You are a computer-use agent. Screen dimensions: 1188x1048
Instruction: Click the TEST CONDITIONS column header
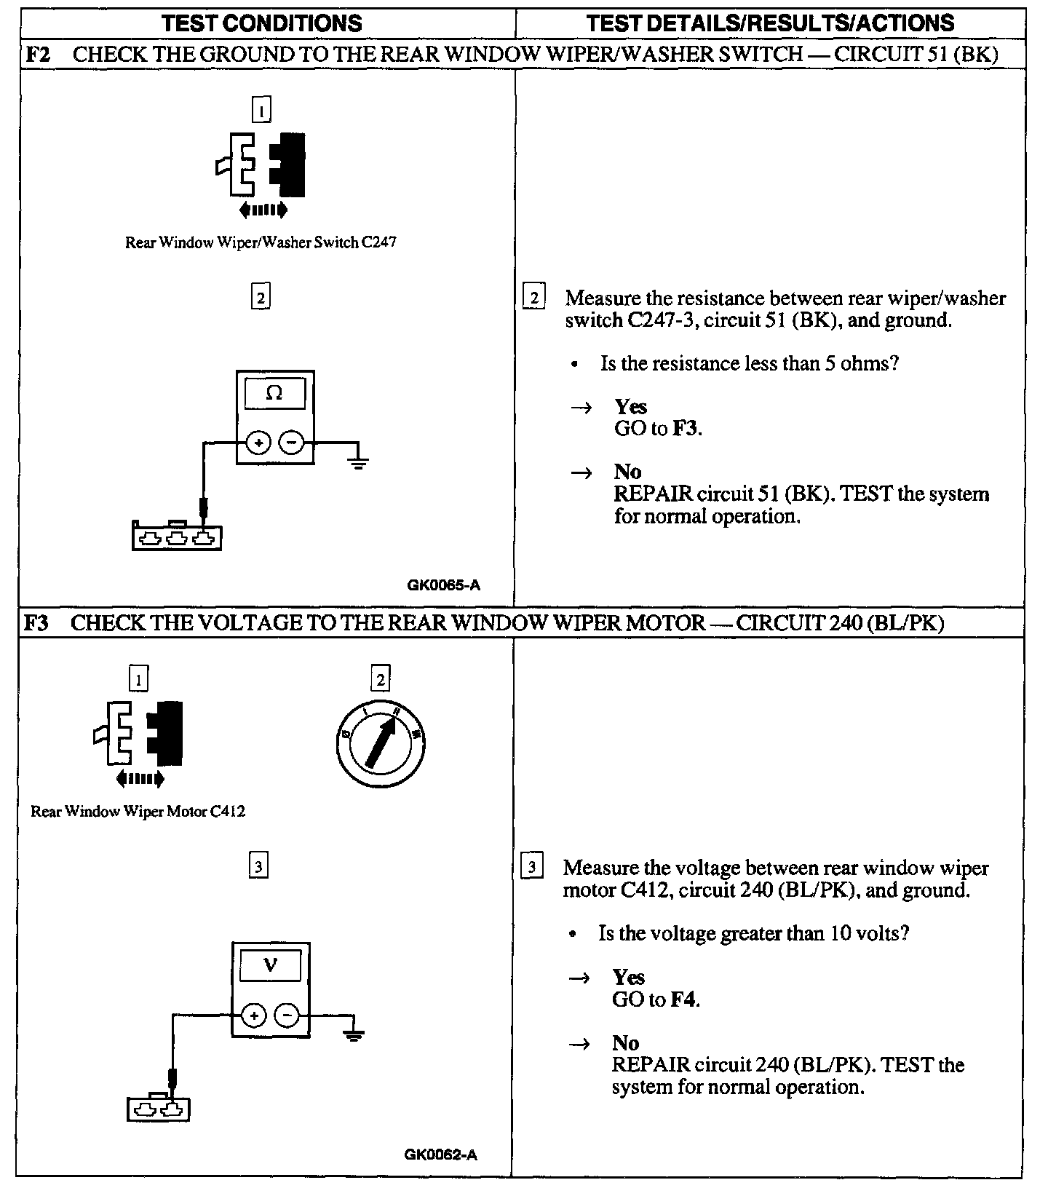(262, 23)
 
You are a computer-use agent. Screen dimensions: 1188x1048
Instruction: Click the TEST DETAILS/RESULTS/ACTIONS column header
(770, 23)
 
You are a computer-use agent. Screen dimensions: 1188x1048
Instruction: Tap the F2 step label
(37, 55)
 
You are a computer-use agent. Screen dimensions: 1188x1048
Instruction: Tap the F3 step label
(37, 623)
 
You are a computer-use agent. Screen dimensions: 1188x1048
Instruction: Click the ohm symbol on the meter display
(274, 393)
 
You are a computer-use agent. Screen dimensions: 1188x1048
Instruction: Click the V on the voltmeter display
(270, 965)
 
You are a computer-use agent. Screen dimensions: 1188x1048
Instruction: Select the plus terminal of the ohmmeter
(258, 443)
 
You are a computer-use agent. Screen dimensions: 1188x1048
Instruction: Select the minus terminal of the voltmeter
(287, 1015)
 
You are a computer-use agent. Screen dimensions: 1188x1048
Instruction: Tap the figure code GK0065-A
(443, 585)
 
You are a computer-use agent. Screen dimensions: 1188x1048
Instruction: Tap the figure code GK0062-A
(440, 1155)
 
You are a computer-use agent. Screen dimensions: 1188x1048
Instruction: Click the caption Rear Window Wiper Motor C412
(138, 811)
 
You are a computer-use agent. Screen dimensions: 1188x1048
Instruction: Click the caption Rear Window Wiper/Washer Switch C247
(261, 242)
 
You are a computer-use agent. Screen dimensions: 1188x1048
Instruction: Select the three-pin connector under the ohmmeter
(177, 537)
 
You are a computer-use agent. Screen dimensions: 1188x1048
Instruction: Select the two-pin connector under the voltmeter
(159, 1109)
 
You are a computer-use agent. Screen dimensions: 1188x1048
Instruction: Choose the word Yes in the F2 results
(630, 406)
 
